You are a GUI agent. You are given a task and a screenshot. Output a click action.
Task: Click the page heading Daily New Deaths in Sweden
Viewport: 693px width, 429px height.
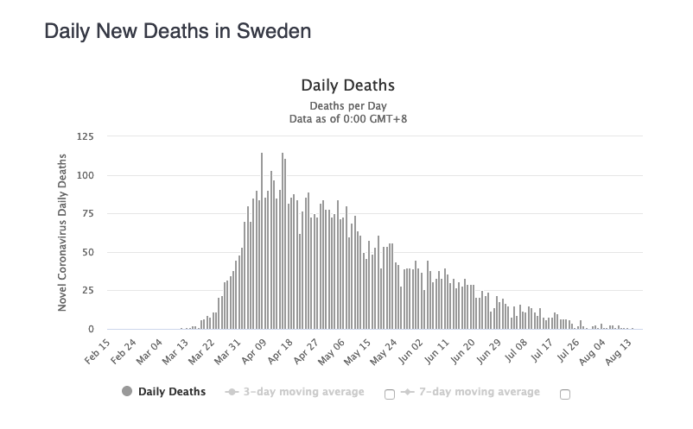[177, 32]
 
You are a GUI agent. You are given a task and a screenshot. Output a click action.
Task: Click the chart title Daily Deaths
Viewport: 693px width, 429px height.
[347, 85]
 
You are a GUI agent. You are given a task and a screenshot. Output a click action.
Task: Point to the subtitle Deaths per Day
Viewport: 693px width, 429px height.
[347, 106]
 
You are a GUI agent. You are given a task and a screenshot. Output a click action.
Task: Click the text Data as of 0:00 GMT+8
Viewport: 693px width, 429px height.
[347, 118]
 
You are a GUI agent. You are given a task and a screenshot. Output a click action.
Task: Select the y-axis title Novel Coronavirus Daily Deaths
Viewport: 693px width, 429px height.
[62, 233]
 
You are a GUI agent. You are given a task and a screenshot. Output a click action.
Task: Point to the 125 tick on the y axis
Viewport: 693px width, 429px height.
[85, 136]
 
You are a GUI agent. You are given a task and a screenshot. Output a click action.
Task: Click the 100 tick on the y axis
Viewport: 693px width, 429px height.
[85, 175]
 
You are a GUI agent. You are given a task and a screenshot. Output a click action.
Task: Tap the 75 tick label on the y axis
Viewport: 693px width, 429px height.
[87, 214]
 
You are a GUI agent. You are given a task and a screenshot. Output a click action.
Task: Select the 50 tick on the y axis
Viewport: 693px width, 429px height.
[87, 253]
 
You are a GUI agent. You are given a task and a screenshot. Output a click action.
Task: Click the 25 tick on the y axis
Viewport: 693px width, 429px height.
[87, 291]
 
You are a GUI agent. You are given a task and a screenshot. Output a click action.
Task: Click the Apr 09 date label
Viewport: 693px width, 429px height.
[253, 351]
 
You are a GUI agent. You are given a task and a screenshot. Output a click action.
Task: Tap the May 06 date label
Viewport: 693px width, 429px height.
[330, 351]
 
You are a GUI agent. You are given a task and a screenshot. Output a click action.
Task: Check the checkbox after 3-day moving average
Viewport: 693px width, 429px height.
[389, 394]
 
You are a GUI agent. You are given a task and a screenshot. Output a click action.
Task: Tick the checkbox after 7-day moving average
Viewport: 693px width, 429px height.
[565, 394]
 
